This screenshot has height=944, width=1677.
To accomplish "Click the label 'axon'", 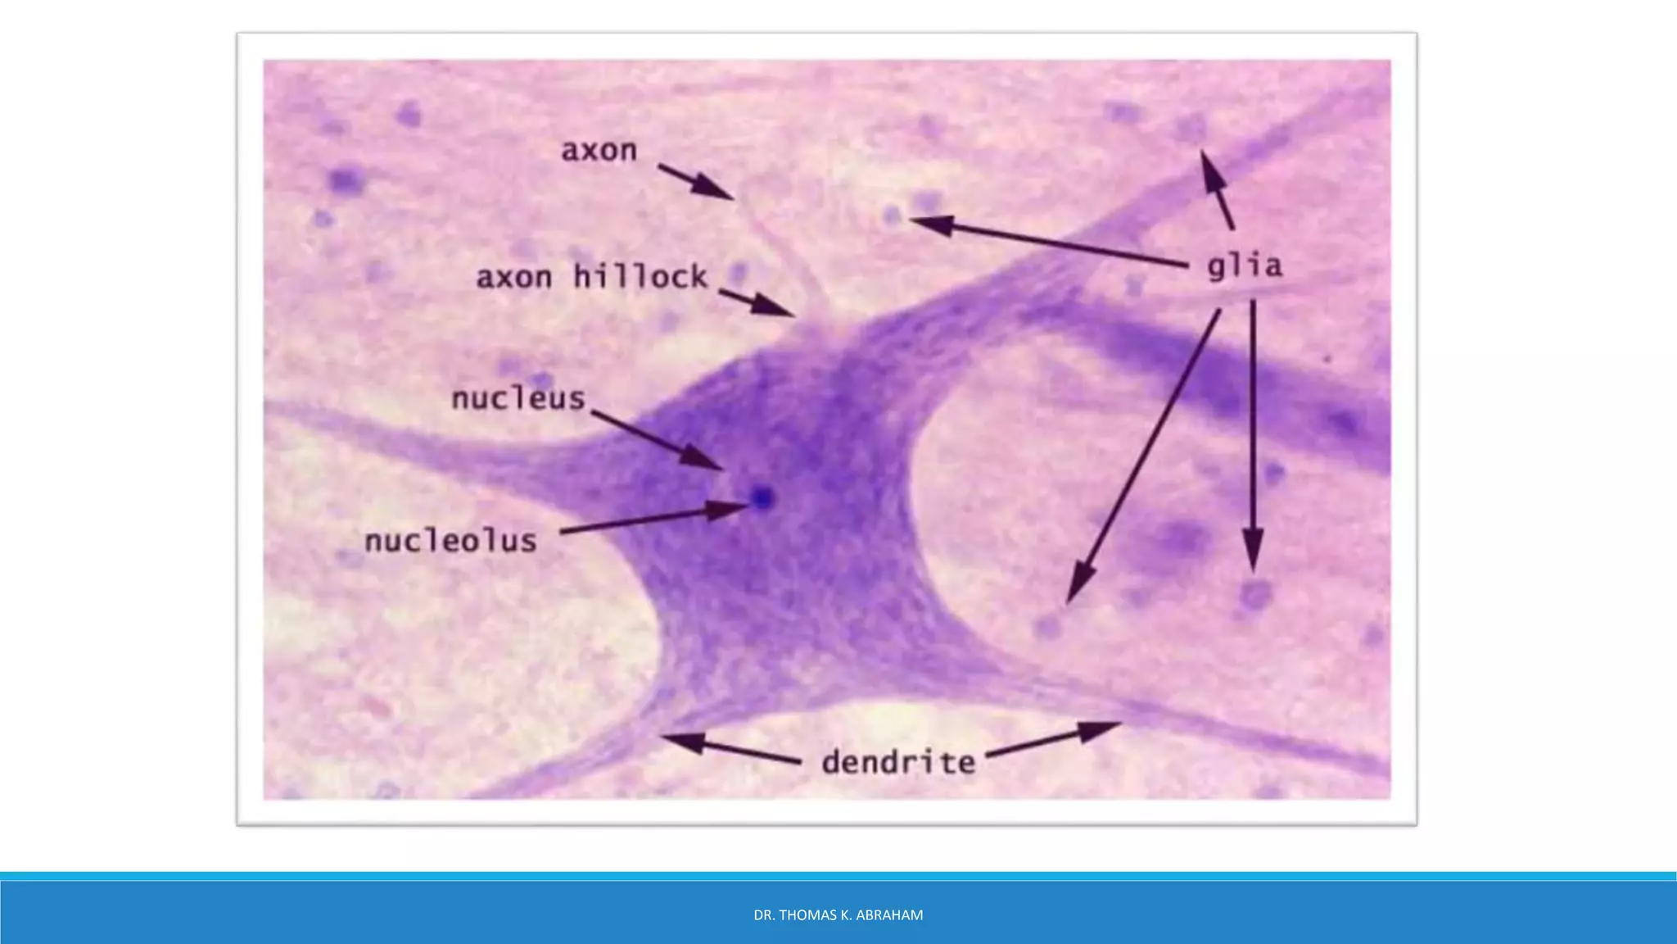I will [599, 151].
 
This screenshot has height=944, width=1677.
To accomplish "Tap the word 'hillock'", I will [640, 276].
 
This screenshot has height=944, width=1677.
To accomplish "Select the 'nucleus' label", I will [519, 399].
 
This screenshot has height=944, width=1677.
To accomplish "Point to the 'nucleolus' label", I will [450, 541].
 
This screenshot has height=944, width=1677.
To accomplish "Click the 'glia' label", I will [1245, 266].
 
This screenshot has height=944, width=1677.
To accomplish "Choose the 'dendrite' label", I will [898, 762].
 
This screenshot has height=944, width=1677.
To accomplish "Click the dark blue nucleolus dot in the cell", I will [763, 497].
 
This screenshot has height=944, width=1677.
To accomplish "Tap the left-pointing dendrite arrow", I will [729, 750].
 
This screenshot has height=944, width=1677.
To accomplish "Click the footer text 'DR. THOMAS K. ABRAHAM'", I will [838, 915].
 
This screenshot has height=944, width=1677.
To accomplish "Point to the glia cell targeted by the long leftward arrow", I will [893, 216].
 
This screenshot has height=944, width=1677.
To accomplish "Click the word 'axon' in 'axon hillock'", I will [514, 278].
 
